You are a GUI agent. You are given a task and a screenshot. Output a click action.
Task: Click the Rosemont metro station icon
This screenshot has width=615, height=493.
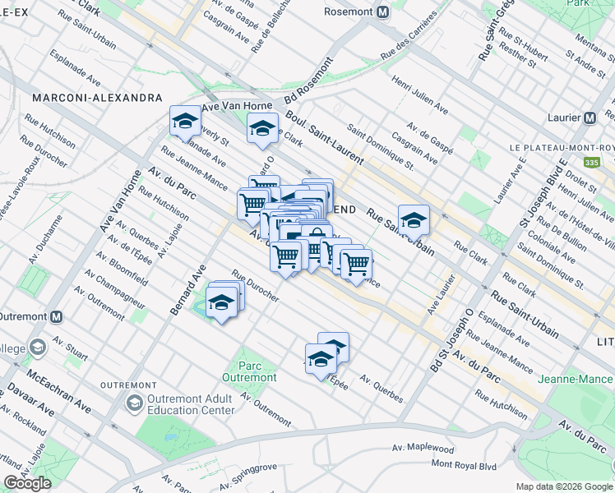click(381, 12)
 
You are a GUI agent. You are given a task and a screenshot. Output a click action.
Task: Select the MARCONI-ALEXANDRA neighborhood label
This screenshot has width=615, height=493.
click(97, 98)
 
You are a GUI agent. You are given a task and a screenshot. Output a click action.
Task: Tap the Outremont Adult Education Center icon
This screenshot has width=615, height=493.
click(134, 403)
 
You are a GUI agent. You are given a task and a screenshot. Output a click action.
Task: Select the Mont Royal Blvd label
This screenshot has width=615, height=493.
click(464, 464)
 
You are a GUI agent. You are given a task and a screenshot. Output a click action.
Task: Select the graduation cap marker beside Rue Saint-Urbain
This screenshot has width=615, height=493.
click(414, 220)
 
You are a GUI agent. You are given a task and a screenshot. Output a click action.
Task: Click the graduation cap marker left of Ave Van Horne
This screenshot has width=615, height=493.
click(185, 122)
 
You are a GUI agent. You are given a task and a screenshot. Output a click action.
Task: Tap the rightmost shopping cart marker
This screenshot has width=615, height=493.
click(355, 264)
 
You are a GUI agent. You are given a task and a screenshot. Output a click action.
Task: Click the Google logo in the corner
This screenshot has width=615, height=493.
click(27, 483)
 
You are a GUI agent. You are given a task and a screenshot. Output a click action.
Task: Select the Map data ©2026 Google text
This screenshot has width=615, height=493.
click(564, 486)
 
